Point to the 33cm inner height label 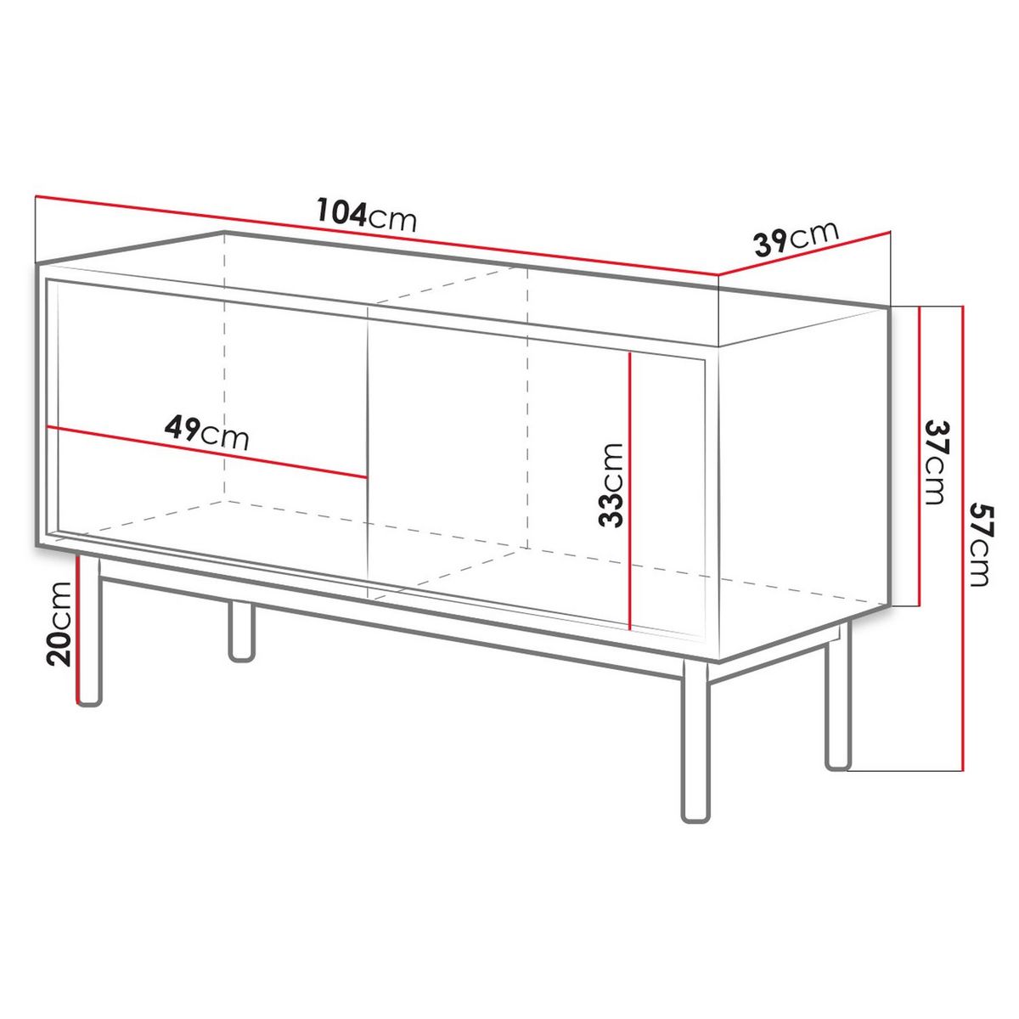click(x=611, y=485)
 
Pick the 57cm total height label click(x=982, y=544)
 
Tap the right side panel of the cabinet click(x=798, y=476)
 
